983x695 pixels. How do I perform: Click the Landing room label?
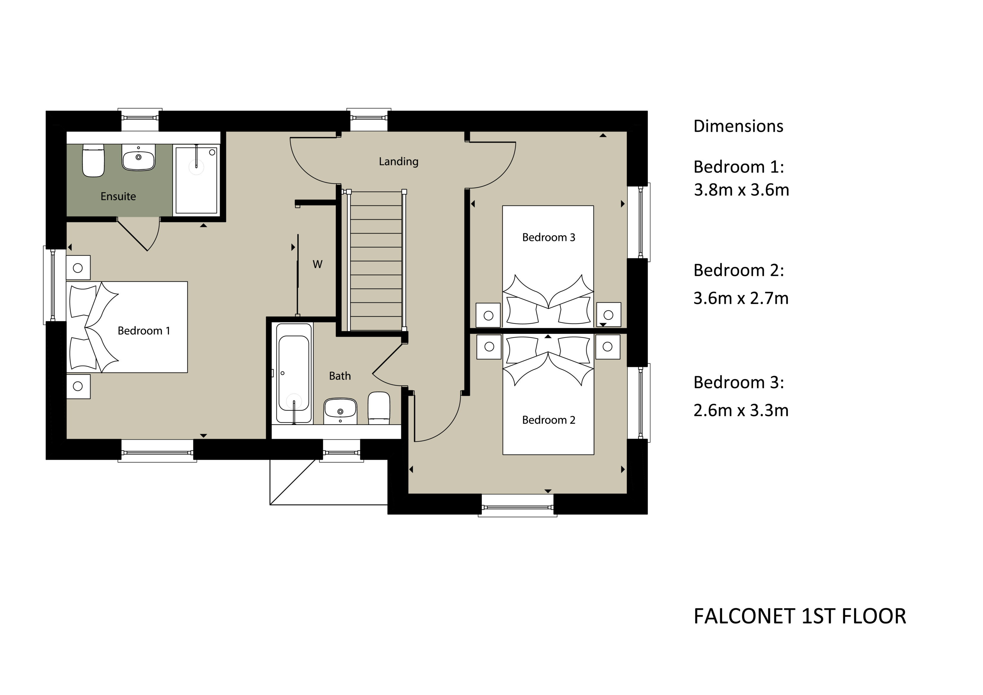click(398, 161)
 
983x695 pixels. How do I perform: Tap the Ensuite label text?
click(118, 196)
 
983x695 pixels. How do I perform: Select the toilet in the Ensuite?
click(93, 160)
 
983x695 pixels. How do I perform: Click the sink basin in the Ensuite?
click(138, 157)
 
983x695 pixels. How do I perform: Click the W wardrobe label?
click(317, 264)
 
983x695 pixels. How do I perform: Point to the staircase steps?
click(376, 261)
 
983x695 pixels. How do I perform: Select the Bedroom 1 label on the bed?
click(144, 331)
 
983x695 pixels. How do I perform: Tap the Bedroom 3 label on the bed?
click(549, 237)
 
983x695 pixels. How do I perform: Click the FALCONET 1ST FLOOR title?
click(799, 617)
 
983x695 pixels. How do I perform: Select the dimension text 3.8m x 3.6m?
click(741, 190)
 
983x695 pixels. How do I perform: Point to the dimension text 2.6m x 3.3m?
click(741, 410)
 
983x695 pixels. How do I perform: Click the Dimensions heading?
click(738, 126)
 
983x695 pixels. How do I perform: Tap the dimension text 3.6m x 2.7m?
click(741, 298)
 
